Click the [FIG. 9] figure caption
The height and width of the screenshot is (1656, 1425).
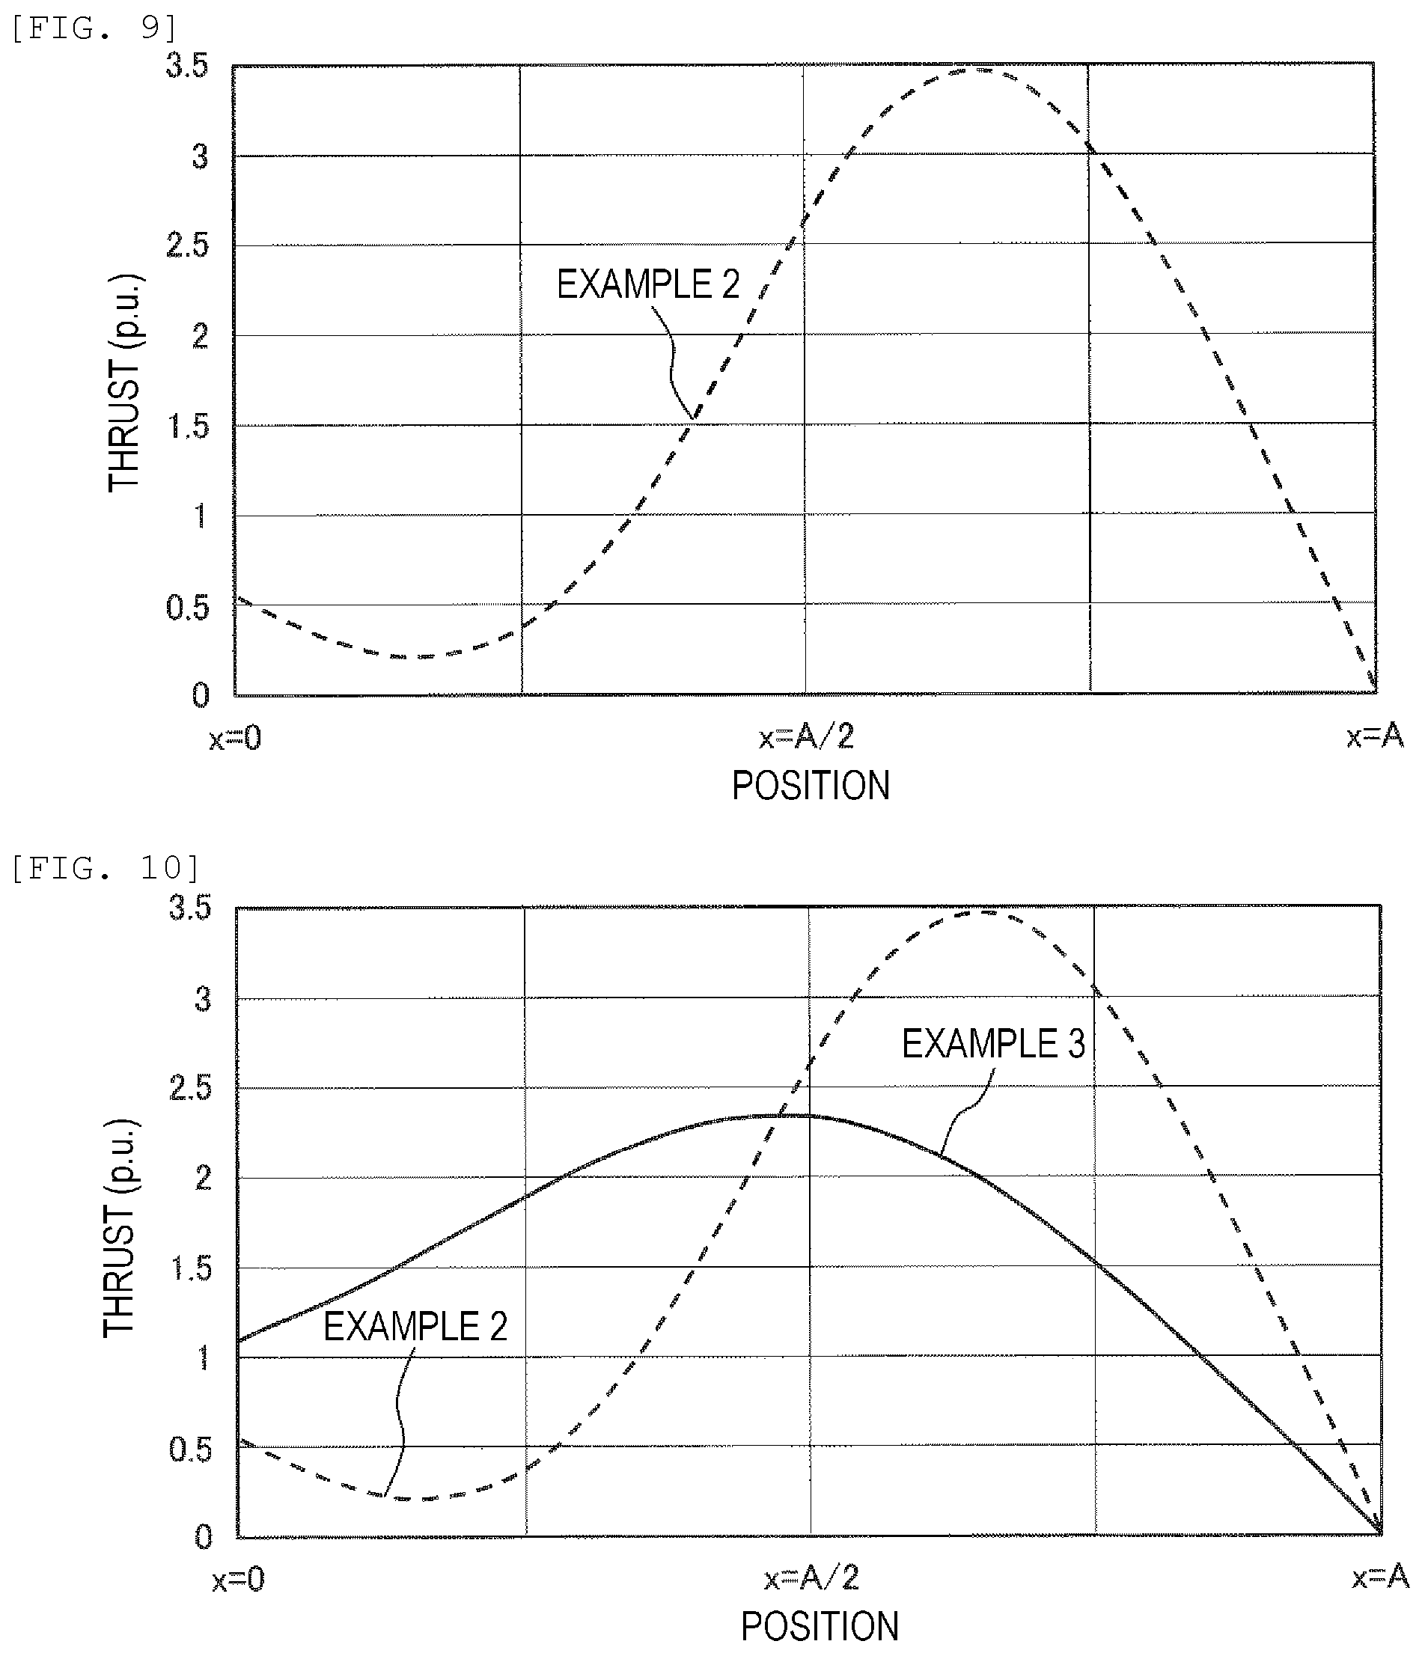tap(94, 28)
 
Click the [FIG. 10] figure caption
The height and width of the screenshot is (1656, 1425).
tap(105, 868)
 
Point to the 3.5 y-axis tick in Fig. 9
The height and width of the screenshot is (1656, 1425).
tap(187, 66)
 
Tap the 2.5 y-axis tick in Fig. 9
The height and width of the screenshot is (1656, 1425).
tap(187, 245)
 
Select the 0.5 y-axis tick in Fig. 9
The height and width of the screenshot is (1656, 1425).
tap(187, 608)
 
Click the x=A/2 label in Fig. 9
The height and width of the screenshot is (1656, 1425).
tap(806, 736)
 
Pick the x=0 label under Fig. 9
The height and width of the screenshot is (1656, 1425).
tap(235, 738)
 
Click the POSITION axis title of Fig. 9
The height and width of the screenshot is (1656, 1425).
tap(811, 785)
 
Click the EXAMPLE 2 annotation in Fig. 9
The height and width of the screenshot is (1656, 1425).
tap(648, 284)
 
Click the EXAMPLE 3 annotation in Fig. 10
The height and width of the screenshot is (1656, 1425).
tap(993, 1044)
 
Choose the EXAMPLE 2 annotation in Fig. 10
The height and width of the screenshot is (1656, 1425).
tap(415, 1327)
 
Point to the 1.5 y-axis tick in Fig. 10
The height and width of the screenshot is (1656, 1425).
tap(192, 1268)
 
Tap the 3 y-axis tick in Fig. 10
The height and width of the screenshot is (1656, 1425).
tap(203, 999)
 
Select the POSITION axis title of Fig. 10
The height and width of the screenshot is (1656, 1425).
tap(820, 1626)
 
